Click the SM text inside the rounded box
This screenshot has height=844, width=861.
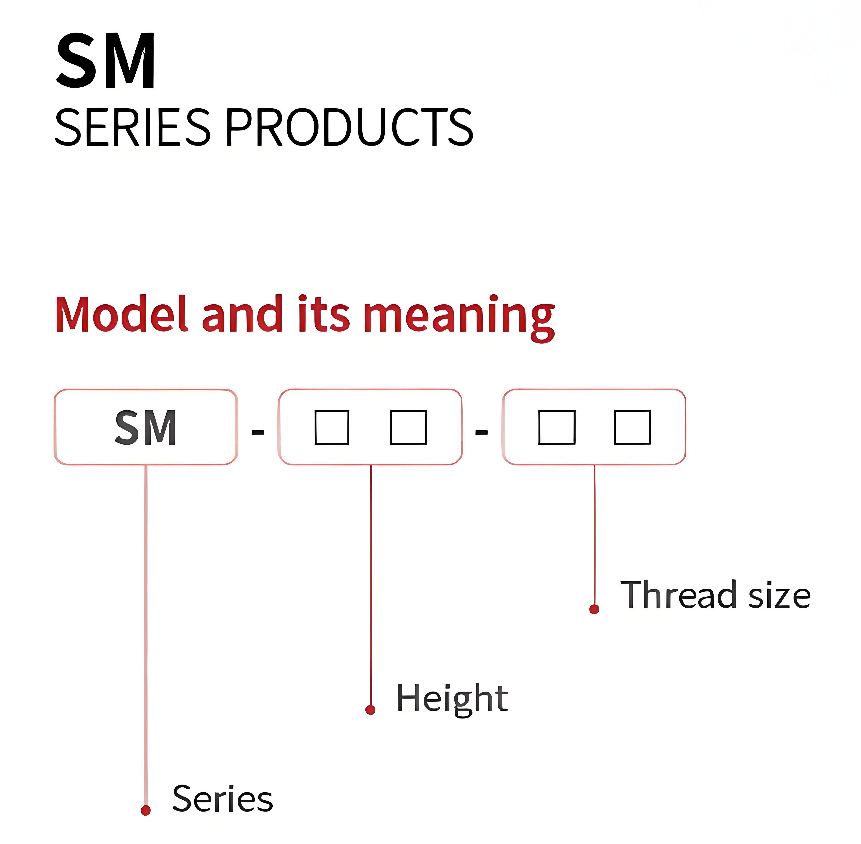point(146,427)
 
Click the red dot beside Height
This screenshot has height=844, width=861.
point(370,710)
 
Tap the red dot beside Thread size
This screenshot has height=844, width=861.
point(594,609)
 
